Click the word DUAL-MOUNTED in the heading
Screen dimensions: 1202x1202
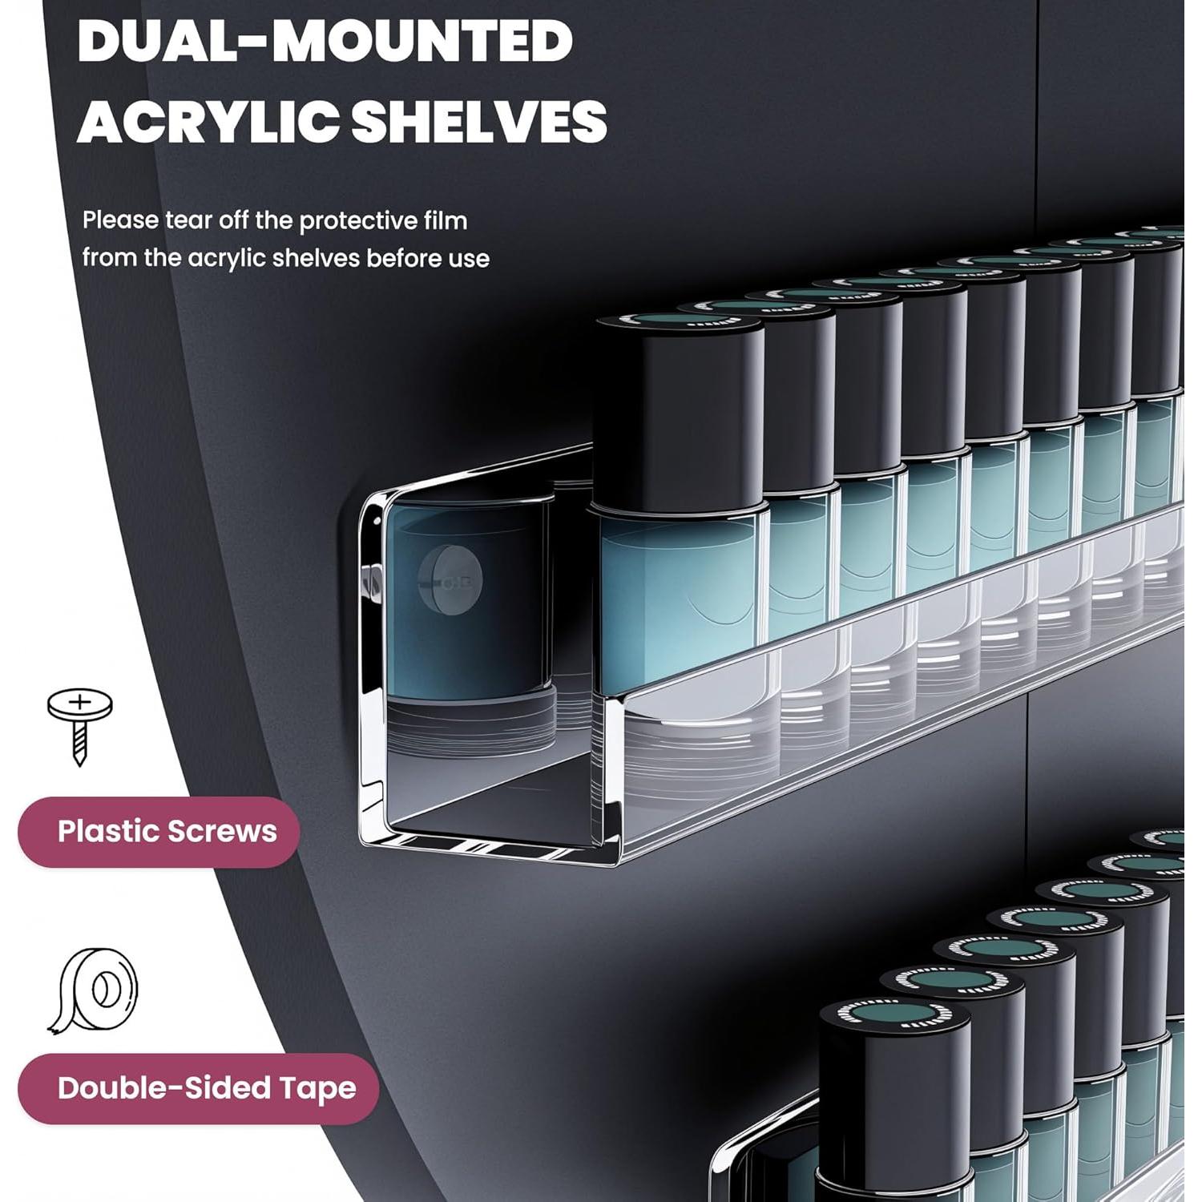[325, 42]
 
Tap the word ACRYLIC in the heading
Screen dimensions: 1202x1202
[206, 122]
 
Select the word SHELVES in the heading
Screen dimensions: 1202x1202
[478, 122]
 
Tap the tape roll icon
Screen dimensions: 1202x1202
[96, 990]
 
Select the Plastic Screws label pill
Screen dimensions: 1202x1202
[159, 832]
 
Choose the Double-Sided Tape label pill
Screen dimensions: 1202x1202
[198, 1088]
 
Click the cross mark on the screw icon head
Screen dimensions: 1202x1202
[79, 704]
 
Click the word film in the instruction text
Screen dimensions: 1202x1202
[446, 220]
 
